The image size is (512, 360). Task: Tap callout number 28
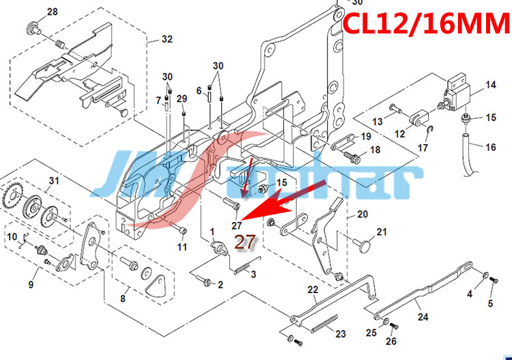click(x=53, y=12)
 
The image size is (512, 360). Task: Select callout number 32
click(x=167, y=40)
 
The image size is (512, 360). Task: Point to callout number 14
click(x=491, y=85)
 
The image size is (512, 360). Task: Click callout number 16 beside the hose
click(x=491, y=147)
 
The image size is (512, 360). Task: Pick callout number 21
click(x=382, y=232)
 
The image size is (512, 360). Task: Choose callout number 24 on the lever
click(x=423, y=317)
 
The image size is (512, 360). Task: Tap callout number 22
click(x=313, y=290)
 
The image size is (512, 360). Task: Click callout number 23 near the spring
click(x=341, y=334)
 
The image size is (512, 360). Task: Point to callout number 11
click(x=182, y=246)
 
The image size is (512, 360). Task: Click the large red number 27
click(x=244, y=241)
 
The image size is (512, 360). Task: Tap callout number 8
click(x=123, y=298)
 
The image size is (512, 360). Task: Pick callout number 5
click(x=489, y=303)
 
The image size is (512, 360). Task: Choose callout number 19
click(x=366, y=137)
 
